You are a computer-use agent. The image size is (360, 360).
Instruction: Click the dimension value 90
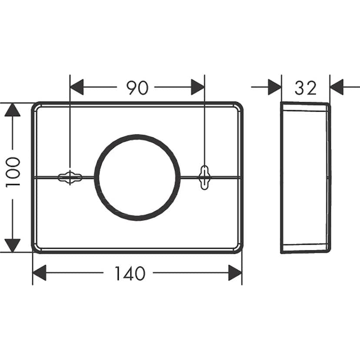tap(137, 88)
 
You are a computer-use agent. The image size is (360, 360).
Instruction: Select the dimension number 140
tap(130, 273)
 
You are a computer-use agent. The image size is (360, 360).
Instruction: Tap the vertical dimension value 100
tap(13, 172)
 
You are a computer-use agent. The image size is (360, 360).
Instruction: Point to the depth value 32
tap(306, 88)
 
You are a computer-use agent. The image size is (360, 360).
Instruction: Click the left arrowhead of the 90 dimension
tap(77, 87)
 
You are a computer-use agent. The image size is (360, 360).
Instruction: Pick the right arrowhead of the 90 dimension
tap(198, 87)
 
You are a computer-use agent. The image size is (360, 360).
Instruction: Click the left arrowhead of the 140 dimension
tap(40, 273)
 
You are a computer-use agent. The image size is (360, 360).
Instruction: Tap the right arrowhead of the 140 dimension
tap(235, 273)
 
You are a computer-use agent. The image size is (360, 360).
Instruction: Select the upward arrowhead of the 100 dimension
tap(13, 110)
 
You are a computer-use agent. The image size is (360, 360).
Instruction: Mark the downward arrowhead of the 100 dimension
tap(13, 245)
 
